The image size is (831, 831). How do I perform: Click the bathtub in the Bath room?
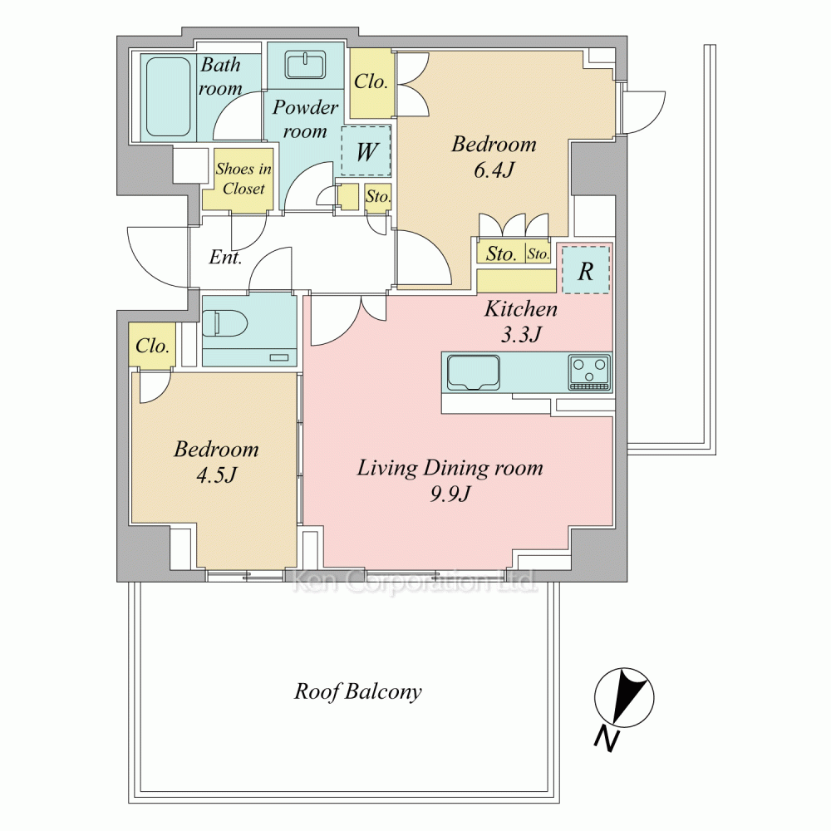(x=168, y=97)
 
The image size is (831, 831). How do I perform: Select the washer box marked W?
(x=366, y=151)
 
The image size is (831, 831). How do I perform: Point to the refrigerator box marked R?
(x=586, y=270)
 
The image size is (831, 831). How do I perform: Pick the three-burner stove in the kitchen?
(x=589, y=372)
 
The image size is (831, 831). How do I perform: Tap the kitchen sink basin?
(x=474, y=372)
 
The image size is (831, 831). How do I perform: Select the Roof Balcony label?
(x=358, y=691)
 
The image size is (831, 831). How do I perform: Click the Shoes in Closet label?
(x=243, y=179)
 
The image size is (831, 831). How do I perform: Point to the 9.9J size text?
(x=450, y=494)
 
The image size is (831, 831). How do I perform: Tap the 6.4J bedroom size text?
(x=494, y=170)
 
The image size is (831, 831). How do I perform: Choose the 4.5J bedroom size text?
(x=216, y=475)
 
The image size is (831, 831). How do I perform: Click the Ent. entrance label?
(x=226, y=257)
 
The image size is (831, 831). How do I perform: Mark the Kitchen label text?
(x=521, y=309)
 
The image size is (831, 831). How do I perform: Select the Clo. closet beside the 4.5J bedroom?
(x=152, y=346)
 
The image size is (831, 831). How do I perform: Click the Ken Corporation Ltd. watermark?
(x=415, y=582)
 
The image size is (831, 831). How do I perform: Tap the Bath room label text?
(x=220, y=76)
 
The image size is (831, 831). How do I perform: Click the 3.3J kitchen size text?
(x=522, y=334)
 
